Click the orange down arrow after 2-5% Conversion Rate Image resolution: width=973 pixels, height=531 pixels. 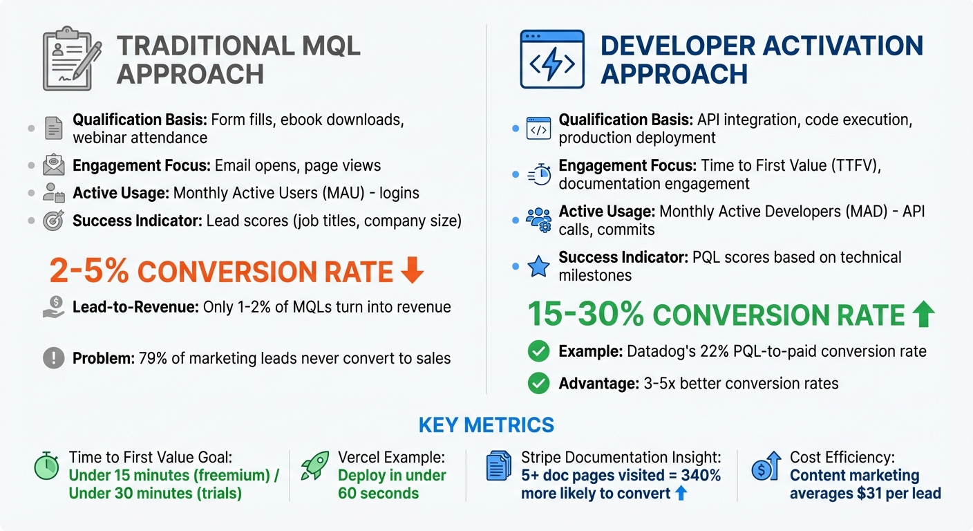[412, 272]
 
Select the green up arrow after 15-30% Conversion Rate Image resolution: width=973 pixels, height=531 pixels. [923, 315]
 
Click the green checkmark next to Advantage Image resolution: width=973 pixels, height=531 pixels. [538, 383]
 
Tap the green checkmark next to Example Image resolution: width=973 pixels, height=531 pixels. [538, 351]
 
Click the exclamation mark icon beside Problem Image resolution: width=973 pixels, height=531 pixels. [53, 358]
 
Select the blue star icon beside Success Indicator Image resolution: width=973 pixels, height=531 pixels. [538, 266]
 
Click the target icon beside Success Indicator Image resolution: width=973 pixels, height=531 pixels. [53, 221]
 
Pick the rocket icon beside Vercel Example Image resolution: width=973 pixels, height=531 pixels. [315, 467]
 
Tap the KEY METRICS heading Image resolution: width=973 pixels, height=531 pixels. [486, 425]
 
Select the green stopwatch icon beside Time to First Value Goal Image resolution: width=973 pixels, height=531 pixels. [47, 467]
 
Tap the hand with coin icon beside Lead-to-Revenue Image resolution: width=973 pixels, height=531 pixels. [53, 307]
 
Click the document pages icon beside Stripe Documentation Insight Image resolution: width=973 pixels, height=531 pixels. [499, 467]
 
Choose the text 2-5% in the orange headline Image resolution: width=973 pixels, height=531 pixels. [89, 272]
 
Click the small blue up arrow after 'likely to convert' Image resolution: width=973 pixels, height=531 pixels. [681, 494]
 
